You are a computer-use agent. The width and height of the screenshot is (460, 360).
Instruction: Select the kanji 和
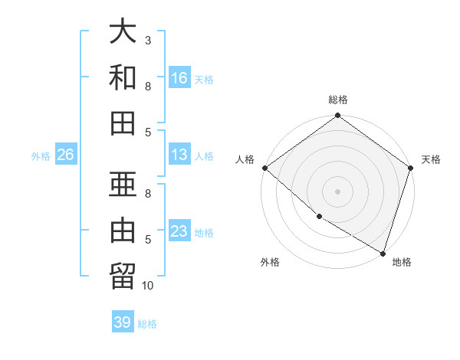tap(123, 77)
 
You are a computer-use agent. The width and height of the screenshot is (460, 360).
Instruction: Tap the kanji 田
tap(123, 123)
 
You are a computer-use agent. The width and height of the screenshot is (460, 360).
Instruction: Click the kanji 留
tap(123, 276)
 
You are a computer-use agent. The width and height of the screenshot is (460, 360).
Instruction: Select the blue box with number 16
tap(179, 77)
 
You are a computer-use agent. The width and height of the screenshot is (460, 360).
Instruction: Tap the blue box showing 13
tap(179, 155)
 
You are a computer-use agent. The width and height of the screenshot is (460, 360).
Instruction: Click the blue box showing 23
tap(179, 231)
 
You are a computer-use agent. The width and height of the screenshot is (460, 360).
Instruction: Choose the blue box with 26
tap(66, 155)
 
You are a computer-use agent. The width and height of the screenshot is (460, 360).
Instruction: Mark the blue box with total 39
tap(123, 322)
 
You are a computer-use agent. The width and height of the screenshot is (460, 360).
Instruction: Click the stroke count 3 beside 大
tap(149, 40)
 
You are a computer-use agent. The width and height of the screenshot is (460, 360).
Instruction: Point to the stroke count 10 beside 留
tap(149, 286)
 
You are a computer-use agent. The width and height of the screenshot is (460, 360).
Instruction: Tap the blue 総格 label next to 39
tap(147, 324)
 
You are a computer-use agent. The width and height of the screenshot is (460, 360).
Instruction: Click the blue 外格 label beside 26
tap(41, 156)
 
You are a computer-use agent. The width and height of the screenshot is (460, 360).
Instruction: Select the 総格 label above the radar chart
tap(338, 100)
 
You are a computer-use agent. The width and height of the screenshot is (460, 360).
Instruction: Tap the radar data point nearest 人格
tap(264, 168)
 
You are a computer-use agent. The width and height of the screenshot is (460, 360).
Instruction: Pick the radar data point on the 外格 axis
tap(319, 217)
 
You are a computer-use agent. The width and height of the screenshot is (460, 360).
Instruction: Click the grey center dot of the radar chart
tap(338, 191)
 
